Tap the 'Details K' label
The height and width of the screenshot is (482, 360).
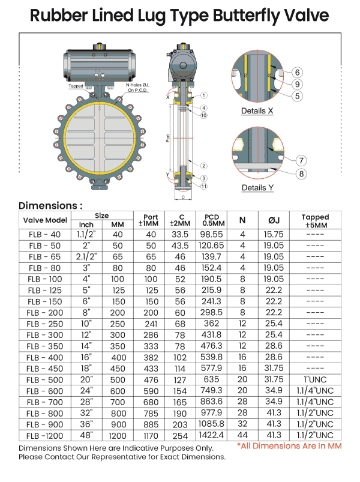257,111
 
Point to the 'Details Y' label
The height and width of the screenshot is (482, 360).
257,188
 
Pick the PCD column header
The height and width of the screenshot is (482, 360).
212,220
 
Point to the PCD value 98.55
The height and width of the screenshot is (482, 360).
212,234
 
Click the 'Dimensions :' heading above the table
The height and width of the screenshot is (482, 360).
50,205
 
